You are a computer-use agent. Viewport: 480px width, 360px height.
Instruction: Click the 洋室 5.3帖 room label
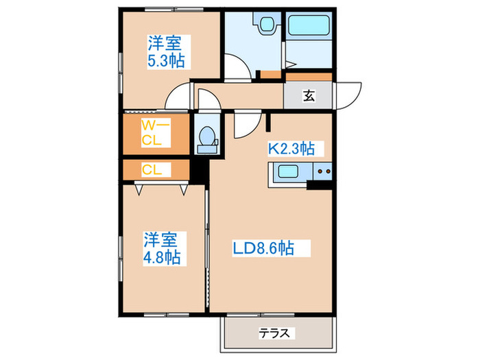pos(167,52)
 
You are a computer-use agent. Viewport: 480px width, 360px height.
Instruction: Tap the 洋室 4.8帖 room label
pos(162,248)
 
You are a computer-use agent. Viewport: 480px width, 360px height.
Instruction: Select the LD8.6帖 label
pos(263,248)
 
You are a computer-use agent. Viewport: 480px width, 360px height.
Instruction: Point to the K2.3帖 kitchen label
pos(291,149)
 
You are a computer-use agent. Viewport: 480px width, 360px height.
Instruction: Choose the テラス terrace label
pos(274,333)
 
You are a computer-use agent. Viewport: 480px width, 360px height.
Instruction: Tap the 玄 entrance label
pos(309,96)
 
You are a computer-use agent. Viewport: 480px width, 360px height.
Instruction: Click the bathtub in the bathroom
pos(309,25)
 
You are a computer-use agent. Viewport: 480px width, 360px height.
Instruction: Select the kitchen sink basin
pos(288,171)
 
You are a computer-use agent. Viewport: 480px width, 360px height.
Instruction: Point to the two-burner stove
pos(323,171)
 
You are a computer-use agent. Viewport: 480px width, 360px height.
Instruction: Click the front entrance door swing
pos(349,95)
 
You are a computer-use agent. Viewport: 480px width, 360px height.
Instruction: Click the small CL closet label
pos(152,169)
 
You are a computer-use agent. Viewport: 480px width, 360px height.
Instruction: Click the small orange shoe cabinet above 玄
pos(309,77)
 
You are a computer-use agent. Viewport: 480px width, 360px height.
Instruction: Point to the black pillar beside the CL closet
pos(200,172)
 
